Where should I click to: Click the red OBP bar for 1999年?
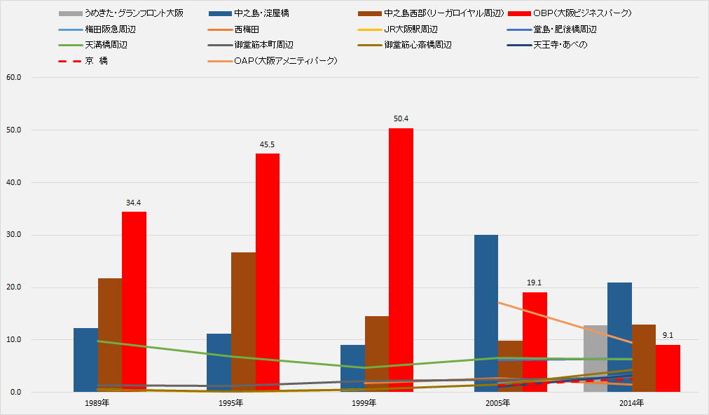coord(401,259)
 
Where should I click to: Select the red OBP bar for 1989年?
coord(134,301)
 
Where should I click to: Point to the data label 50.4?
coord(401,118)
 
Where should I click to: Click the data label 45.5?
coord(267,144)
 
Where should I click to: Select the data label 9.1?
coord(668,335)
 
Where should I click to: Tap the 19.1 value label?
coord(535,283)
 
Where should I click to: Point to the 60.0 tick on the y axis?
coord(13,77)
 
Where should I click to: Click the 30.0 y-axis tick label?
coord(13,235)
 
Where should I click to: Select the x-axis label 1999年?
coord(364,404)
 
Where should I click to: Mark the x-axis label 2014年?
coord(631,404)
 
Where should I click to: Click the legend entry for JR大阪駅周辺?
coord(411,29)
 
